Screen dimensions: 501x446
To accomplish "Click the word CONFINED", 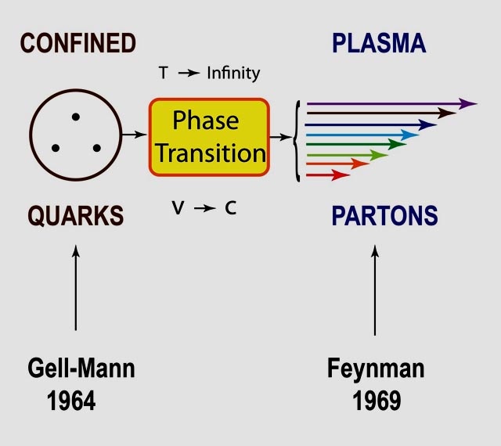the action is point(78,43).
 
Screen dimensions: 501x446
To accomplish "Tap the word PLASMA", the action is point(379,43).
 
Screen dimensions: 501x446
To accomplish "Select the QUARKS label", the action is point(76,216).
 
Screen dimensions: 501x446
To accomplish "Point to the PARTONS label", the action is point(384,216).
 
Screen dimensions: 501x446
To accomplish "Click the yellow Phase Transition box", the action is point(209,137).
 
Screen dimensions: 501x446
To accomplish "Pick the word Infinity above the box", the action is point(233,74).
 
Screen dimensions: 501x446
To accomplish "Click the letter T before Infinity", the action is point(164,73).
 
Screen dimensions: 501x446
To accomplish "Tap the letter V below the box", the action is point(178,207).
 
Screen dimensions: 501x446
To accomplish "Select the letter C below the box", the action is point(230,207).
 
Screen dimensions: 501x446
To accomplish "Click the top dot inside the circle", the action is point(76,117).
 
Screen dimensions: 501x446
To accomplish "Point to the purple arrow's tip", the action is point(477,103).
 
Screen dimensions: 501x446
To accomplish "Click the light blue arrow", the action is point(362,135).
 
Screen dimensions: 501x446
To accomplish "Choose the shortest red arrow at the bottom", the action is point(328,175).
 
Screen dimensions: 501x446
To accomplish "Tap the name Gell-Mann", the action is point(81,369).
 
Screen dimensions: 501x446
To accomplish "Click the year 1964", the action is point(71,401).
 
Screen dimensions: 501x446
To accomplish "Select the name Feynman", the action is point(376,369).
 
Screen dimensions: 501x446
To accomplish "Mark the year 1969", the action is point(377,401).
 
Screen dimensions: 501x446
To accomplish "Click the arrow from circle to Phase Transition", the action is point(134,135).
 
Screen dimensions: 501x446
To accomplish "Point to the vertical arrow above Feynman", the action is point(375,290).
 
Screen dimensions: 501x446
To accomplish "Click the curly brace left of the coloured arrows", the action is point(297,141).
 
